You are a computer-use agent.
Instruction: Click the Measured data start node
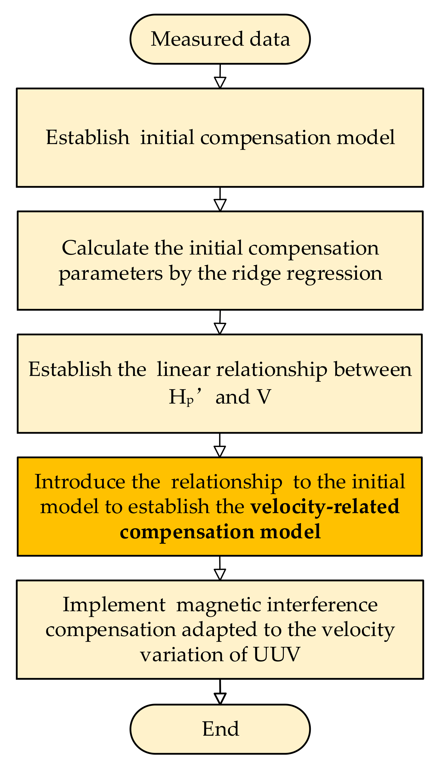tap(220, 39)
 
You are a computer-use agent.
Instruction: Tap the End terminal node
tap(220, 729)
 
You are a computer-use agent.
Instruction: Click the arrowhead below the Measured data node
tap(220, 83)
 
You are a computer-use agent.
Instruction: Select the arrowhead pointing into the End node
tap(220, 698)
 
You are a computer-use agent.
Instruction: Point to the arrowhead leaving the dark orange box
tap(220, 575)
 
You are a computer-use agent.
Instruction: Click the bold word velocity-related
tap(325, 506)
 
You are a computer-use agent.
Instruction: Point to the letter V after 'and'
tap(264, 397)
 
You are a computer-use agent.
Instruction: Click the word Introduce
tap(79, 482)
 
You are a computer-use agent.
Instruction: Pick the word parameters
tap(111, 274)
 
